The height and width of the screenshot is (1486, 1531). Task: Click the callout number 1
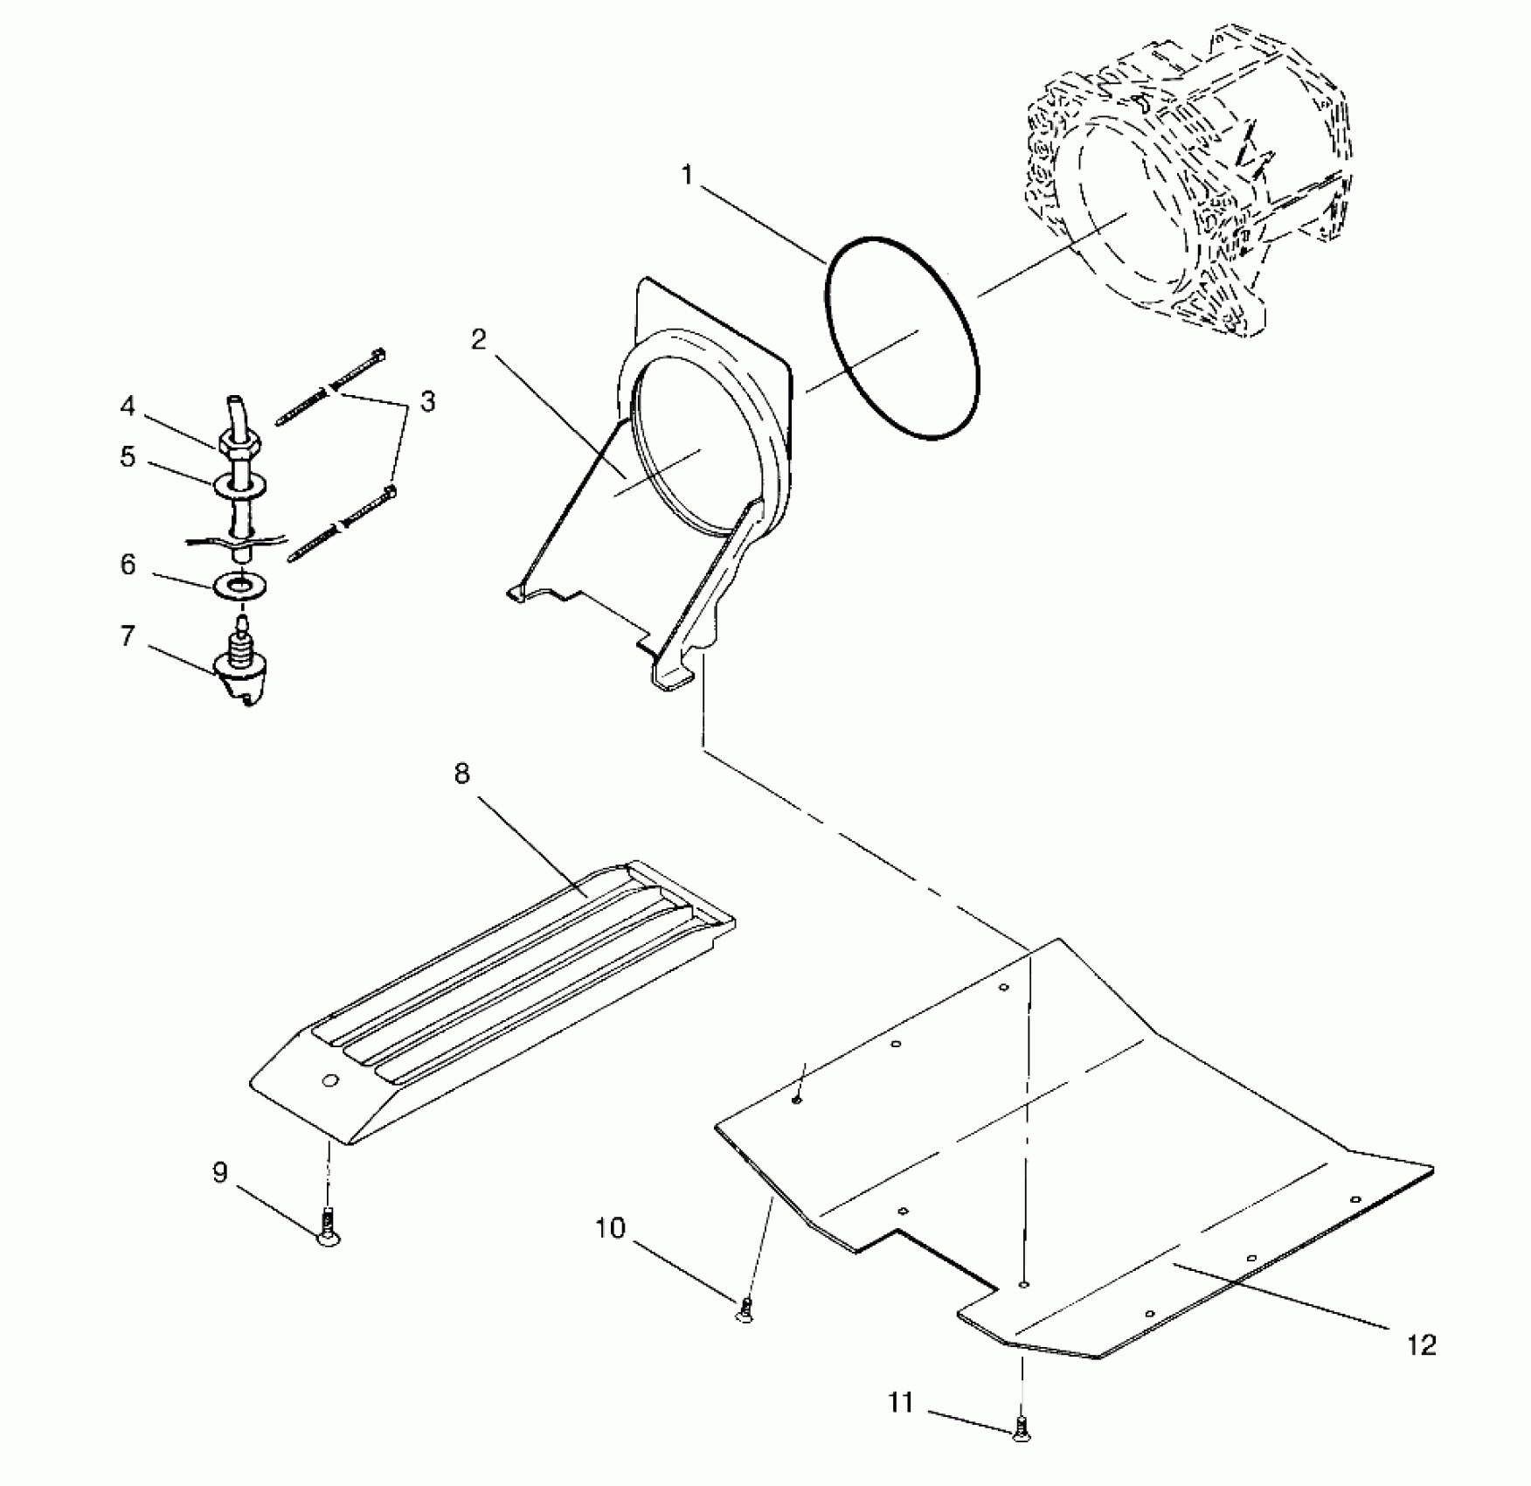(x=687, y=176)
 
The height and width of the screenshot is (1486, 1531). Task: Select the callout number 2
(x=478, y=340)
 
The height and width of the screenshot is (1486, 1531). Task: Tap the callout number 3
(x=427, y=402)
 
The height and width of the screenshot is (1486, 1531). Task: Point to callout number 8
(x=462, y=774)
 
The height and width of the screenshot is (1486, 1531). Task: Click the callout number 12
(x=1422, y=1345)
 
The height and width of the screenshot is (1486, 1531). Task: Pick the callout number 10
(x=611, y=1229)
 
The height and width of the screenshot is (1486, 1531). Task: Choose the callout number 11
(x=901, y=1403)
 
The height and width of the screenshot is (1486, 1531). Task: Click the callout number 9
(x=220, y=1172)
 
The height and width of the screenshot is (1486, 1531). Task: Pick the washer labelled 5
(x=239, y=484)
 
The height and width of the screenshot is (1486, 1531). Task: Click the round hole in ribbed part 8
(x=329, y=1082)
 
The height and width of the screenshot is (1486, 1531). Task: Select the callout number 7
(x=128, y=635)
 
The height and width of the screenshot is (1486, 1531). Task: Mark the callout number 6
(x=128, y=565)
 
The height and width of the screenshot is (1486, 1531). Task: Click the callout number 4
(x=128, y=406)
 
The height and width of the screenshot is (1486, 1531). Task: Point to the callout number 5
(x=128, y=456)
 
